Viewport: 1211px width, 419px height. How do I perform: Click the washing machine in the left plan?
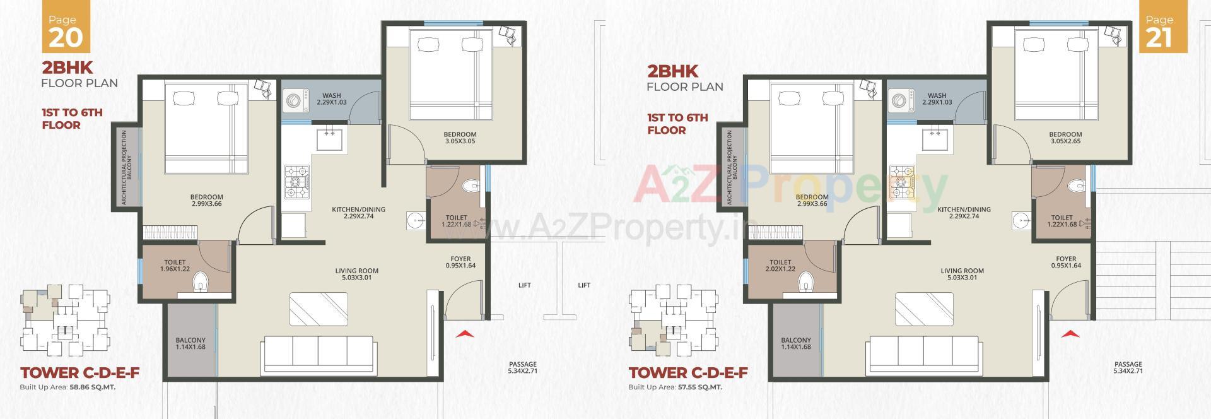[293, 101]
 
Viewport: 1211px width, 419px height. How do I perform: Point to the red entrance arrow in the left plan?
[464, 334]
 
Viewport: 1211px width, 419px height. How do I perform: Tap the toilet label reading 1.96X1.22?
[175, 266]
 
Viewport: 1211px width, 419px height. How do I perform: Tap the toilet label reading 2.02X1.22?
[780, 266]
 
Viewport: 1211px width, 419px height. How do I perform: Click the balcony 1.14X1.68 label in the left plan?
[190, 343]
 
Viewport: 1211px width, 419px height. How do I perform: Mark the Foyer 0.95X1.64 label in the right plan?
[1066, 262]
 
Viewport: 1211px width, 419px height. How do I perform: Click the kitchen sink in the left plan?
[329, 139]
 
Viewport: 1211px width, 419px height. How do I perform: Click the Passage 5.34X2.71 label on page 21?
[1128, 367]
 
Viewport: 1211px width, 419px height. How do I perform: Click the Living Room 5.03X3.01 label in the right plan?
[962, 274]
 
